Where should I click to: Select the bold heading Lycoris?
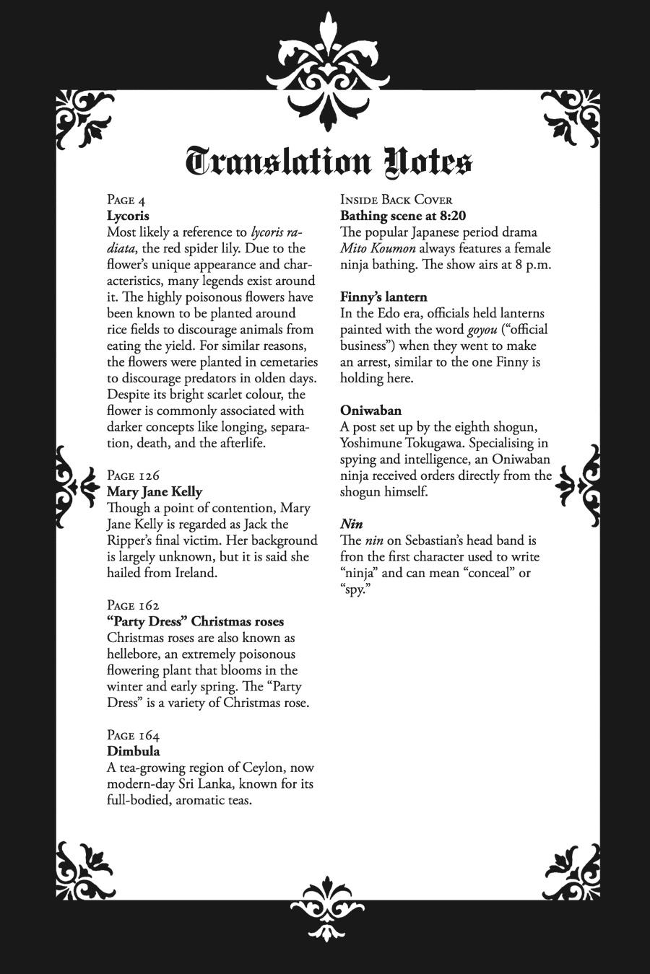[x=128, y=216]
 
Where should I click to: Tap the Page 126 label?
[x=133, y=475]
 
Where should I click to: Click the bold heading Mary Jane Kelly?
[x=155, y=492]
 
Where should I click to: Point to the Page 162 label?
[x=133, y=605]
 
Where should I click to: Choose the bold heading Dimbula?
[x=133, y=752]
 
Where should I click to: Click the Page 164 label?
[x=133, y=735]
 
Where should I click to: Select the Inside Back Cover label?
[x=396, y=200]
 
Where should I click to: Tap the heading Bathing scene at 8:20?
[x=403, y=216]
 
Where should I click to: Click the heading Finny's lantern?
[x=383, y=297]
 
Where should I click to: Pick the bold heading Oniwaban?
[x=370, y=411]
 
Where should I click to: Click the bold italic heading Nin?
[x=351, y=524]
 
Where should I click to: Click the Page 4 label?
[x=126, y=200]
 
